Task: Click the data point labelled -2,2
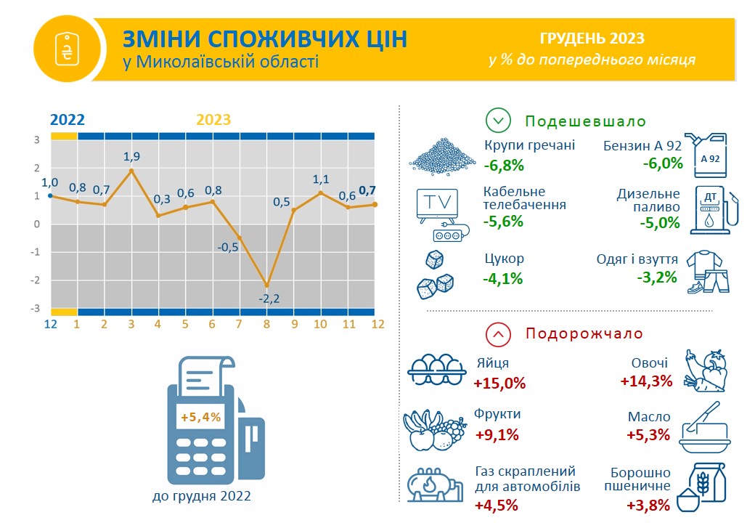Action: point(266,285)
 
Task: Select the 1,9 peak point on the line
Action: point(131,171)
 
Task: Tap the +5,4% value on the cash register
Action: point(201,416)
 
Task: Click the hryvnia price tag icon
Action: point(67,49)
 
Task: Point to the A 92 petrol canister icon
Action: point(706,155)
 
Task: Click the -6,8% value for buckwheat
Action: point(504,166)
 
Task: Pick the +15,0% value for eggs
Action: point(499,384)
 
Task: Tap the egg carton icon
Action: point(437,370)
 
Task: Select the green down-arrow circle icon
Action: point(498,120)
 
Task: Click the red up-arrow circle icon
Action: point(498,333)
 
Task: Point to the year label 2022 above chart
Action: point(68,119)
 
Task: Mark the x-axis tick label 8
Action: point(266,324)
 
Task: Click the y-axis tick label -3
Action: point(35,308)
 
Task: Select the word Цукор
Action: point(504,259)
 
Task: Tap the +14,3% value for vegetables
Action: point(646,381)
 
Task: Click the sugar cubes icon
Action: point(435,275)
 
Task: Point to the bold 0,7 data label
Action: point(367,191)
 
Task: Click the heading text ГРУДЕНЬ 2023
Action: point(592,38)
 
